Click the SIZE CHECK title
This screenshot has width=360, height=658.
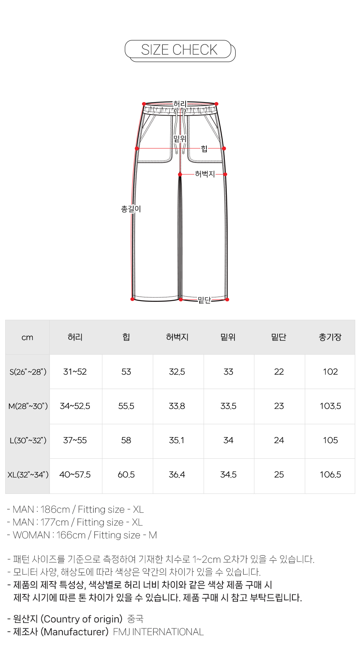pos(179,50)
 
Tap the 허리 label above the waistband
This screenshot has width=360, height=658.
pos(180,104)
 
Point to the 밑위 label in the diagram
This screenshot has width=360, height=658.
pos(180,138)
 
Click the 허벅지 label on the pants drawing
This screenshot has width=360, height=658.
pos(205,174)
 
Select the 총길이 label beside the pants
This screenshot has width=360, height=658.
pos(131,209)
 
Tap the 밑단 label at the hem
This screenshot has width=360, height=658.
pos(204,300)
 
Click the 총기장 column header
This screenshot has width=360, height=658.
pos(330,337)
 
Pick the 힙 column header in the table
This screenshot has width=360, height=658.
pos(126,337)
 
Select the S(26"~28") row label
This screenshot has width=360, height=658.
pos(28,372)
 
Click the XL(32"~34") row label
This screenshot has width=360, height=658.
pos(28,475)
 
